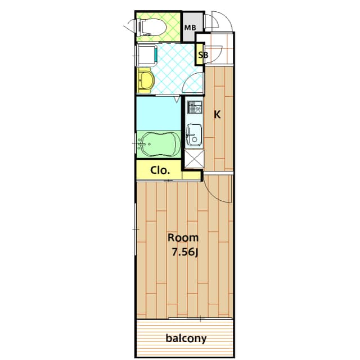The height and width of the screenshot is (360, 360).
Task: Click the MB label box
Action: pos(190,27)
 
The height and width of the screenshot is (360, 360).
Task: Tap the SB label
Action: pos(202,55)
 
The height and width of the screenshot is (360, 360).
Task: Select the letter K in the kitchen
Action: pos(217,115)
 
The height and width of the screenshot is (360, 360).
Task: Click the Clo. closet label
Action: pos(160,170)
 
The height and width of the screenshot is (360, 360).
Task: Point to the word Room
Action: pos(183,238)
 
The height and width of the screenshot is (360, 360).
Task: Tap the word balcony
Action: pos(186,339)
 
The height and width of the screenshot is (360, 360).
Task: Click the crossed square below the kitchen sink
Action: pos(193,160)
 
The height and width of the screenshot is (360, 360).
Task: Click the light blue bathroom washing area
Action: pos(157,114)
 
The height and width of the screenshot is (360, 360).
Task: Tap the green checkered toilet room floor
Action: pos(169,26)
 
